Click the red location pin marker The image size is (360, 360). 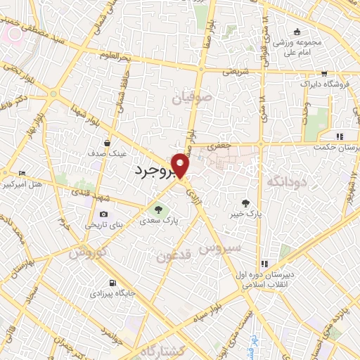(x=181, y=165)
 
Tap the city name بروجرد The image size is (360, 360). (x=154, y=170)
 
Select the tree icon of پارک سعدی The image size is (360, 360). (x=157, y=208)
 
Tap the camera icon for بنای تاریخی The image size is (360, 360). (x=103, y=214)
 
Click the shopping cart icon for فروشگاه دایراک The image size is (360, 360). (x=323, y=72)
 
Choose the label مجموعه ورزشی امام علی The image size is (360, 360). (x=297, y=44)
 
